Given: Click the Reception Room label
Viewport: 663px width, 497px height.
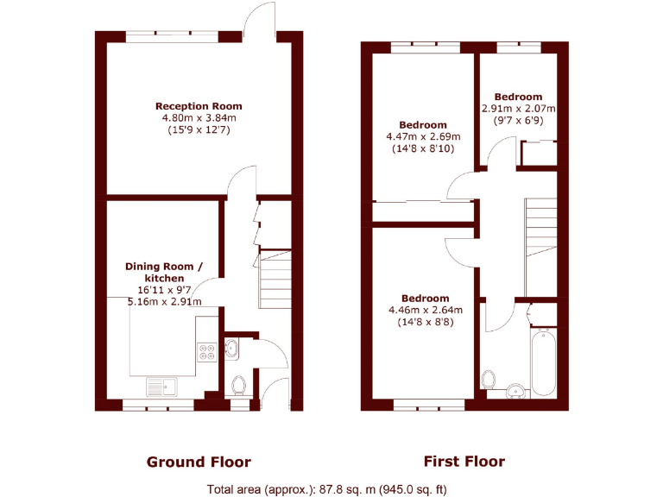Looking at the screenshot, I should (x=199, y=106).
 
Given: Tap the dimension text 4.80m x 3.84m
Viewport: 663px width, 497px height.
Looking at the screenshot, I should (x=199, y=118).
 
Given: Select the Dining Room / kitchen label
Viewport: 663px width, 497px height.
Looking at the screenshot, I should (x=164, y=272).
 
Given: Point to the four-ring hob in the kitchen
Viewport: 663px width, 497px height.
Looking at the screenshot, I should (x=208, y=351).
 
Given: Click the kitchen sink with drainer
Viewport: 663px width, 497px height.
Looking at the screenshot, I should (x=161, y=386).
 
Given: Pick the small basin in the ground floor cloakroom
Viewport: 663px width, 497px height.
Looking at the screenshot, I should (x=232, y=348).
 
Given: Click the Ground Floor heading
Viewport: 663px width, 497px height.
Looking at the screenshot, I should (x=199, y=462).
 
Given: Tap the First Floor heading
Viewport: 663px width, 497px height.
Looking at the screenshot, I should (x=464, y=461).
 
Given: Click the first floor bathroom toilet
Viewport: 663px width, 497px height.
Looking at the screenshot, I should (x=489, y=379).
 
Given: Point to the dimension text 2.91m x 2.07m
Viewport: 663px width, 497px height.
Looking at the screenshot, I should (x=518, y=110).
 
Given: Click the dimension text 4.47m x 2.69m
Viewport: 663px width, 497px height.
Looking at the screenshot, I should (x=423, y=136).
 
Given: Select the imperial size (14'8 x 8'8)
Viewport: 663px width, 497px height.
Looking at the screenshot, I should (x=423, y=322).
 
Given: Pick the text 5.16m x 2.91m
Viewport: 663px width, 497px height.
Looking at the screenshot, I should (x=164, y=302).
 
